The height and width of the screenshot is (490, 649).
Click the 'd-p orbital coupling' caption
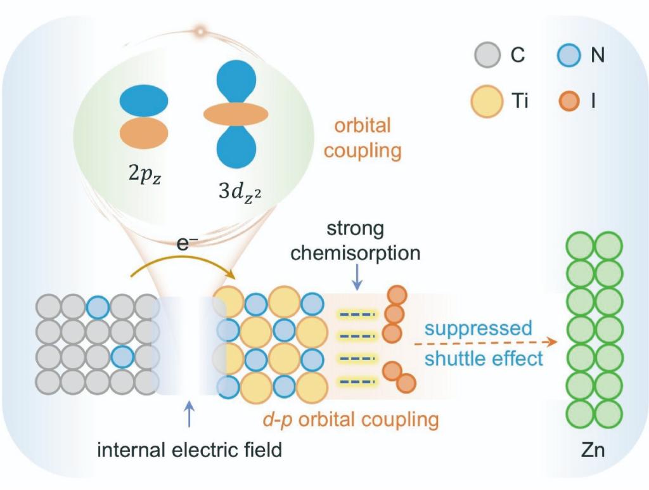pyautogui.click(x=351, y=419)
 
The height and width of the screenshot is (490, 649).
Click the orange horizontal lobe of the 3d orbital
pyautogui.click(x=236, y=113)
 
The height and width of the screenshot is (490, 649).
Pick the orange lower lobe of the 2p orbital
pyautogui.click(x=144, y=132)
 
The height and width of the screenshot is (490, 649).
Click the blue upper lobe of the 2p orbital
pyautogui.click(x=144, y=101)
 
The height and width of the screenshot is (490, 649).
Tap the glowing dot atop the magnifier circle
pyautogui.click(x=202, y=30)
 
